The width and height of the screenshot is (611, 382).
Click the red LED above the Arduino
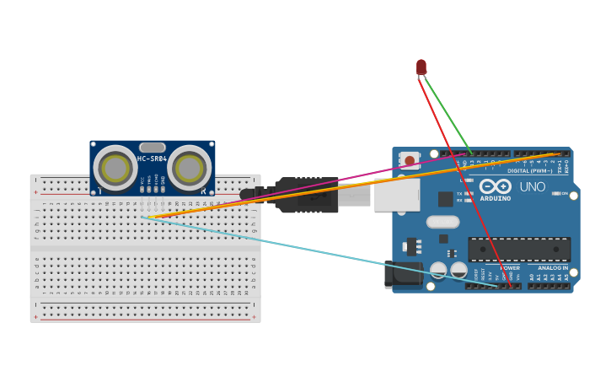coord(421,67)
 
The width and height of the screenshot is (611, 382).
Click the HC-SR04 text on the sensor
coord(153,159)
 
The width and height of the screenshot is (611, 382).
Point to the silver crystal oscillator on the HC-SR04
coord(153,148)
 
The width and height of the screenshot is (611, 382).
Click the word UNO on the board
coord(533,187)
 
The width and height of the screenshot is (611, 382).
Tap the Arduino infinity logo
coord(495,186)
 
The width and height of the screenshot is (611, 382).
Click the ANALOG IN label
coord(552,268)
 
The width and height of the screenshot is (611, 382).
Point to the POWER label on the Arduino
coord(511,268)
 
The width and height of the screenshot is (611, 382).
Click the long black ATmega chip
coord(519,250)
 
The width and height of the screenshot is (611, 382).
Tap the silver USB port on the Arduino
coord(396,194)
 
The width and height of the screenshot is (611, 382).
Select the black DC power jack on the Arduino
coord(403,274)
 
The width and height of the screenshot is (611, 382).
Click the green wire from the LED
coord(447,114)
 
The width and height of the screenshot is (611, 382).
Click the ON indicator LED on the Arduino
coord(557,193)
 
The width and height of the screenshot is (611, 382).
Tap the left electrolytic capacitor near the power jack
coord(438,271)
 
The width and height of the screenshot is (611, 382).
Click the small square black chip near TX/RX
coord(445,199)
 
